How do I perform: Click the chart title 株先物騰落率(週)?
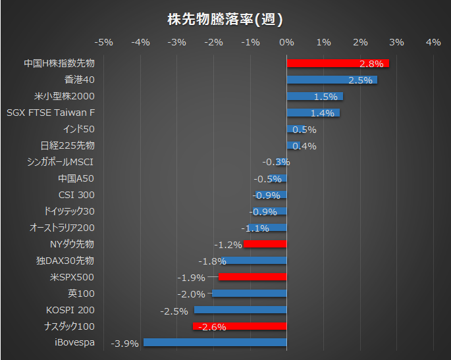click(x=225, y=20)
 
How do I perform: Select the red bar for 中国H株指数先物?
click(x=338, y=63)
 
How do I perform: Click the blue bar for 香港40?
click(x=332, y=80)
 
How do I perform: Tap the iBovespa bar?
click(x=215, y=342)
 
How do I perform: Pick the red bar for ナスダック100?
click(x=240, y=326)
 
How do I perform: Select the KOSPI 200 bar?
click(x=240, y=309)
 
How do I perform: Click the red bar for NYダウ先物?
click(x=265, y=244)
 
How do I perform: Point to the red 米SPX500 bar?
click(x=252, y=277)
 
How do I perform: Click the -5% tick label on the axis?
click(x=104, y=42)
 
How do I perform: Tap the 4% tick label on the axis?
click(x=433, y=42)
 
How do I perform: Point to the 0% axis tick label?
click(x=286, y=42)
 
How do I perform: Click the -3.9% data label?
click(x=124, y=343)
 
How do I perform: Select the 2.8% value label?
click(x=371, y=64)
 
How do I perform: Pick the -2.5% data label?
click(x=173, y=310)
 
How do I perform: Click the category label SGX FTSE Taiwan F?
click(x=51, y=113)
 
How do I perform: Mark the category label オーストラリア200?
click(x=63, y=228)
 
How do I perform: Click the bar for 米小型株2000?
click(x=315, y=96)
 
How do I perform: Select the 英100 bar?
click(x=250, y=293)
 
